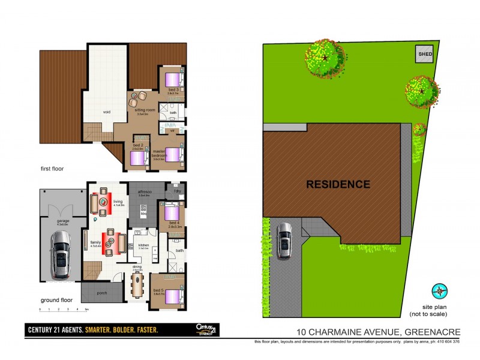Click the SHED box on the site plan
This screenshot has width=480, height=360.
(425, 54)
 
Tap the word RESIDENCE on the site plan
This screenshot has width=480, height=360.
(338, 184)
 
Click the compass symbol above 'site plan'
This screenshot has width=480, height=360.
(441, 291)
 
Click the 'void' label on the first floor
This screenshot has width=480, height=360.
(106, 111)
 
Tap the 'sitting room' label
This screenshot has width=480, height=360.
(142, 110)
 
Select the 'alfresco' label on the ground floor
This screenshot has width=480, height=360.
(144, 193)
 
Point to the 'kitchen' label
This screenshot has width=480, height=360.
(143, 245)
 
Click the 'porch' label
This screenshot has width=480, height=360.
(101, 293)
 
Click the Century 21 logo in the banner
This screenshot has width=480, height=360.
(206, 329)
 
